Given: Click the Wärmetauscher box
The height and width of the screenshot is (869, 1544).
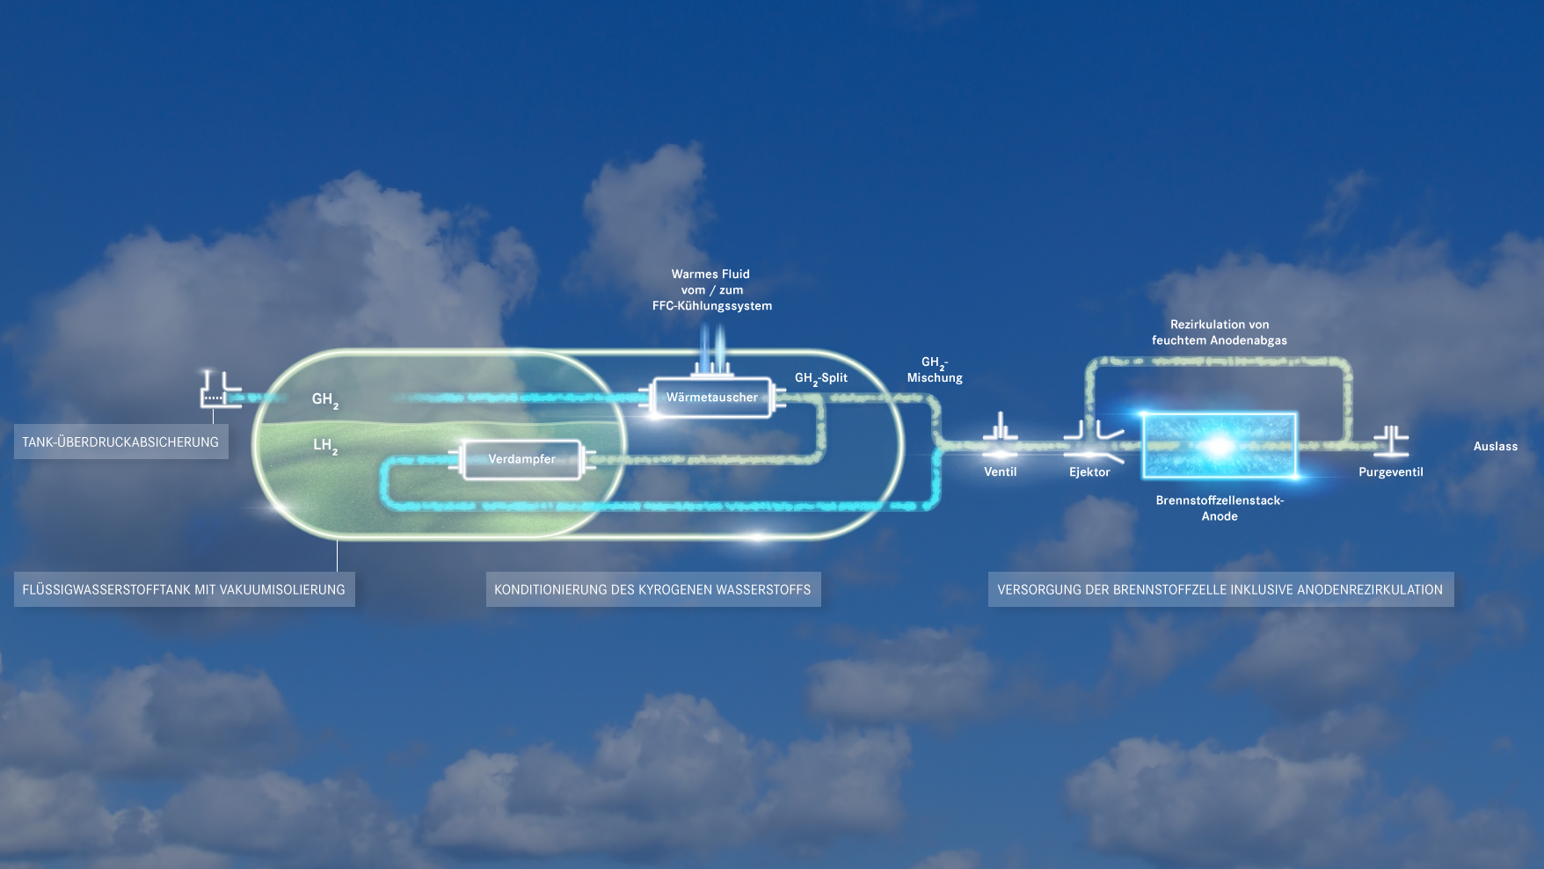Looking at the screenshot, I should tap(711, 398).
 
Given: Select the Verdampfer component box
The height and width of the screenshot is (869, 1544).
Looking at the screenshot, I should tap(521, 459).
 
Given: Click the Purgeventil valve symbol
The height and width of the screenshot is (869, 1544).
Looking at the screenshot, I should tap(1391, 441).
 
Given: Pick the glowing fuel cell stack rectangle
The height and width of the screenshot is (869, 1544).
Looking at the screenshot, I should tap(1219, 446).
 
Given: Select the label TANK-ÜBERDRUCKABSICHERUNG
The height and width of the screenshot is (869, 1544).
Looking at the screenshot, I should tap(120, 442).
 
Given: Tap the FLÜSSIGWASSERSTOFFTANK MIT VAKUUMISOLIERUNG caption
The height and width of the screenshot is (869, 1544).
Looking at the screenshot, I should tap(184, 589).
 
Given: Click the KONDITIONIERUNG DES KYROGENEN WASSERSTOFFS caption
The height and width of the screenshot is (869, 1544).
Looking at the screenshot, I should tap(652, 589).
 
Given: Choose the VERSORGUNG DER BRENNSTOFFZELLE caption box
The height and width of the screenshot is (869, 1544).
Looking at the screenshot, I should tap(1220, 589).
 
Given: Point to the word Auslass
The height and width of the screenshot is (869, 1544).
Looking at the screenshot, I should tap(1495, 446).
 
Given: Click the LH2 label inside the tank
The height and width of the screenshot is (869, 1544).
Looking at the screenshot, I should tap(324, 446).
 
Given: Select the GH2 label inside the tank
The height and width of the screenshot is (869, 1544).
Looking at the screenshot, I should tap(324, 400).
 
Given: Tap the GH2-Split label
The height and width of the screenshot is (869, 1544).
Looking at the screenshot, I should tap(820, 378).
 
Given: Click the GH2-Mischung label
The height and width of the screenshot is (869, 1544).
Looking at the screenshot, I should tap(935, 370).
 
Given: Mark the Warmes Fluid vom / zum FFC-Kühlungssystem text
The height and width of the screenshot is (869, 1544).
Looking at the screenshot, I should tap(711, 290).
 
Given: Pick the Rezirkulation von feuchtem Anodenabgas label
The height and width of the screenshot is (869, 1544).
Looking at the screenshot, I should tap(1219, 332).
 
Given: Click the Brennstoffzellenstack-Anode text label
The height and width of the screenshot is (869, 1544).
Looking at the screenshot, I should tap(1219, 508).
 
